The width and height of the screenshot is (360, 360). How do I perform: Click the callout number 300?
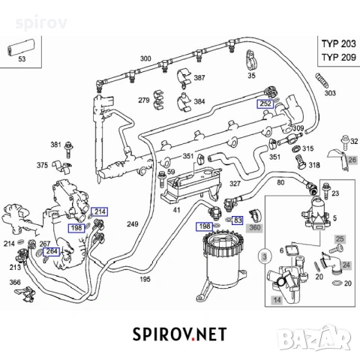[145, 58]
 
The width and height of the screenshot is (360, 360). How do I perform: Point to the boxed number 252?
[265, 103]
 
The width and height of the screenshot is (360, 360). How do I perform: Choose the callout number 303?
[330, 94]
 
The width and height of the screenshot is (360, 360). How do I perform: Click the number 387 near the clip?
[199, 78]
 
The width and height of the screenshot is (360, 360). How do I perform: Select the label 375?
[43, 165]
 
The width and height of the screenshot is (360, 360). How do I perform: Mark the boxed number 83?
[238, 220]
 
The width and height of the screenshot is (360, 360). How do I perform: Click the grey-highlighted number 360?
[255, 227]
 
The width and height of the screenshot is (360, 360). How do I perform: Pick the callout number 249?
[132, 224]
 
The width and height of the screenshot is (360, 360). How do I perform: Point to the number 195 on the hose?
[145, 279]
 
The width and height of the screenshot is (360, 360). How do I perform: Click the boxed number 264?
[51, 252]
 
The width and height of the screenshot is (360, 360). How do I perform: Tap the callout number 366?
[15, 283]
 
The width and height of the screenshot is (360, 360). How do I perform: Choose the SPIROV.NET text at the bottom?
[180, 334]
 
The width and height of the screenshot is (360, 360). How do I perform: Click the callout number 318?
[313, 164]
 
